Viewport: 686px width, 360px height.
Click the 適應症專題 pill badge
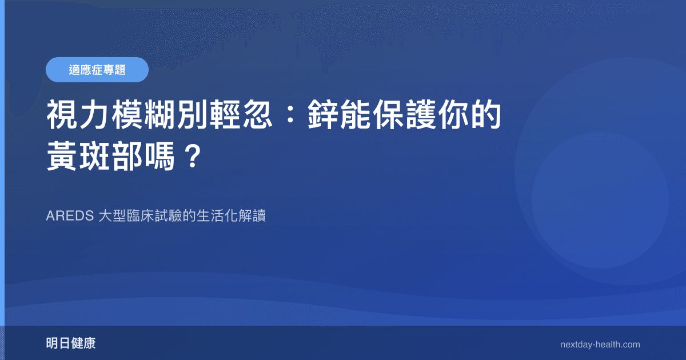coord(97,70)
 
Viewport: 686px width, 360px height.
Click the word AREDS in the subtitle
coord(70,217)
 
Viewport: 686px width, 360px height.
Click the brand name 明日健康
coord(71,343)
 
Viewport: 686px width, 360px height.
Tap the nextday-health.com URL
coord(600,345)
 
